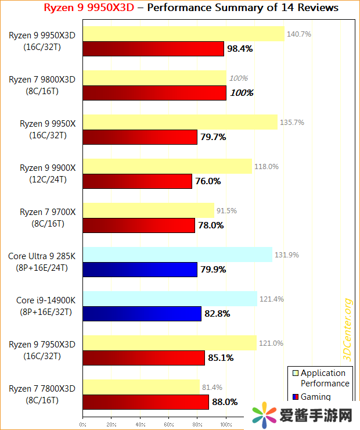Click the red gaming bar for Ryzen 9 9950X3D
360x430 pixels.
(x=153, y=49)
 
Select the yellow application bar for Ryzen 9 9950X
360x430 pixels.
(x=180, y=122)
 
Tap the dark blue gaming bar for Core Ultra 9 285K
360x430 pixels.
(x=140, y=269)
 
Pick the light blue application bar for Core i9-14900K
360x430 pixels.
(x=170, y=299)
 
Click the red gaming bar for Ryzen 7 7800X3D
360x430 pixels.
(x=146, y=402)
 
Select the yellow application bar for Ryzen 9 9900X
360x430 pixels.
(x=167, y=166)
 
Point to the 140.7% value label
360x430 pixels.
(x=299, y=34)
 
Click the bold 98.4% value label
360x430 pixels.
(x=240, y=49)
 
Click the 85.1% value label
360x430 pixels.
(x=221, y=358)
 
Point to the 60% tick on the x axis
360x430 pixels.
(x=168, y=424)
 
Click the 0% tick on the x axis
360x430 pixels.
(x=83, y=424)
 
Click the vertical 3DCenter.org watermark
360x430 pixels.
(x=347, y=328)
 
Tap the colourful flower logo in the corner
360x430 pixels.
(x=264, y=415)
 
